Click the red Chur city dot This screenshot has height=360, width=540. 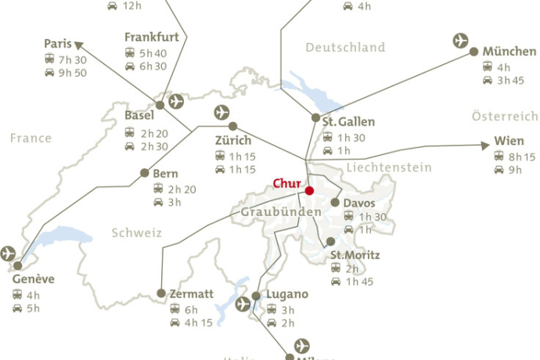309,190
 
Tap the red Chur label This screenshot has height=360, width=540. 286,184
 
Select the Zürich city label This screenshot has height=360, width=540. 233,141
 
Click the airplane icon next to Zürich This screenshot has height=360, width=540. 222,112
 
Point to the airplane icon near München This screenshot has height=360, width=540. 462,40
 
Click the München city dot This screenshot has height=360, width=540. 474,52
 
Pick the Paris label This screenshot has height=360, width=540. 58,44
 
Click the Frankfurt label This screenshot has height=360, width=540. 152,37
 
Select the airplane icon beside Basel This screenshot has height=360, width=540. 176,101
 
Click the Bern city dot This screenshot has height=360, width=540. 144,173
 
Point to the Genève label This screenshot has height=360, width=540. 34,280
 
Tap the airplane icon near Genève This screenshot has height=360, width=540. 9,253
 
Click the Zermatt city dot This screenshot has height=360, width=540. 161,293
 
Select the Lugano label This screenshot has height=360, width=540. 287,294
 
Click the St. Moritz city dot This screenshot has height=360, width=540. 330,242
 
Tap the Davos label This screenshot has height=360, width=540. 359,203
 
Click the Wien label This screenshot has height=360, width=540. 509,142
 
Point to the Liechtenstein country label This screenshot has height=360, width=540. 389,167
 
